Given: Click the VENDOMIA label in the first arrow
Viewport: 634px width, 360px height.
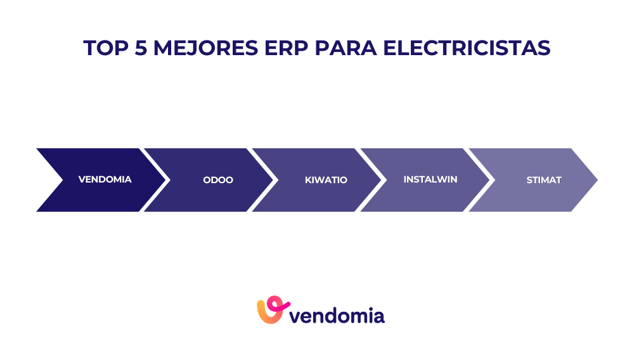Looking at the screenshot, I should pyautogui.click(x=105, y=179).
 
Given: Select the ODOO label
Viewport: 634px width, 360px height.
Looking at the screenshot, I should pyautogui.click(x=218, y=180).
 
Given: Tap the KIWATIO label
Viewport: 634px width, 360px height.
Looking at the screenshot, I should pyautogui.click(x=326, y=180).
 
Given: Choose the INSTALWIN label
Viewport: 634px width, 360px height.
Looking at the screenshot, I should pyautogui.click(x=430, y=179).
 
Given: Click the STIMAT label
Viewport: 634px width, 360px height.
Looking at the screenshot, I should pyautogui.click(x=544, y=180).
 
